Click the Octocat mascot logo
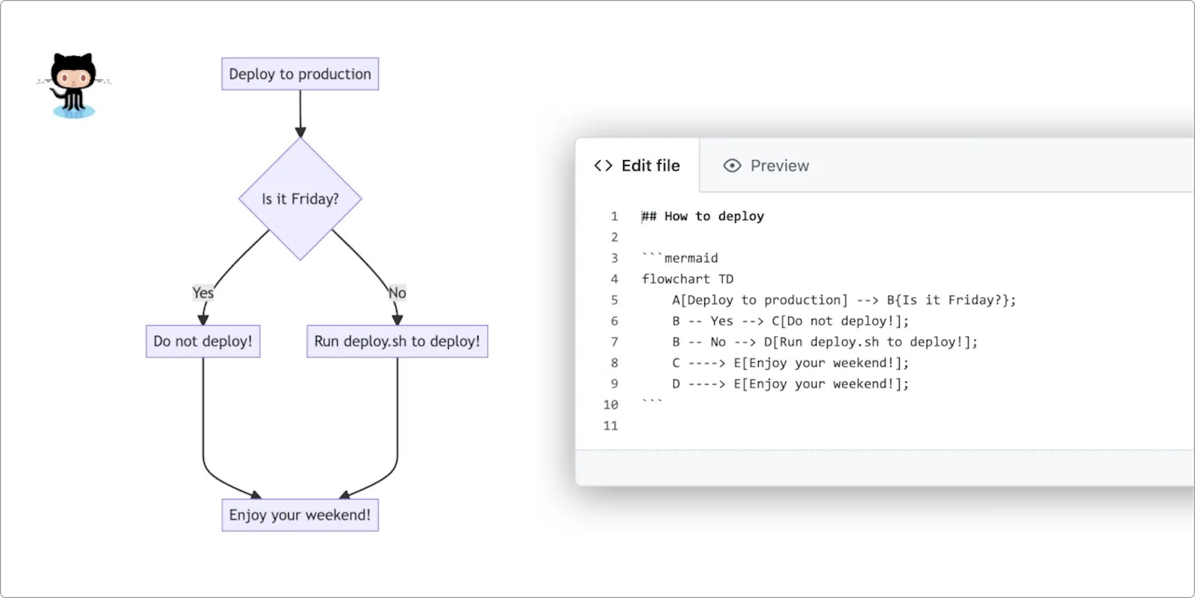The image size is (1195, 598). coord(73,84)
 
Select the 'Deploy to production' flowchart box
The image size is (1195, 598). coord(299,74)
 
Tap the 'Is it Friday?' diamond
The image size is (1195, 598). coord(299,199)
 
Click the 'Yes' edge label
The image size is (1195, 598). coord(203,293)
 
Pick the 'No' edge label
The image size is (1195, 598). coord(397,293)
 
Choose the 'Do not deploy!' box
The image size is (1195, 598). coord(203,341)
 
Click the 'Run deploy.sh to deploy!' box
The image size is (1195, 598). coord(397,341)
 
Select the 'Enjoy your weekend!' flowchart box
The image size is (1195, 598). coord(299,515)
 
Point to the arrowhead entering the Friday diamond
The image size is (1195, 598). coord(300,132)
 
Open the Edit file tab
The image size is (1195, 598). coord(637,166)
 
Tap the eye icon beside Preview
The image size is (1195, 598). coord(732,166)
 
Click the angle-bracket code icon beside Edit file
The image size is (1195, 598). coord(603,166)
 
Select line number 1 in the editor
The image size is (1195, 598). coord(614,216)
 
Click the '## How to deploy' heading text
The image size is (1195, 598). coord(703,216)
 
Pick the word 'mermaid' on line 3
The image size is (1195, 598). coord(691,258)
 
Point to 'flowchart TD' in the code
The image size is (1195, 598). coord(687,279)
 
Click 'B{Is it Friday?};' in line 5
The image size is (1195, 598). coord(951,300)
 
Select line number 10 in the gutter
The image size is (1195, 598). coord(610,404)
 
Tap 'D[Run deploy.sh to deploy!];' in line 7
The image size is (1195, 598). coord(871,342)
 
